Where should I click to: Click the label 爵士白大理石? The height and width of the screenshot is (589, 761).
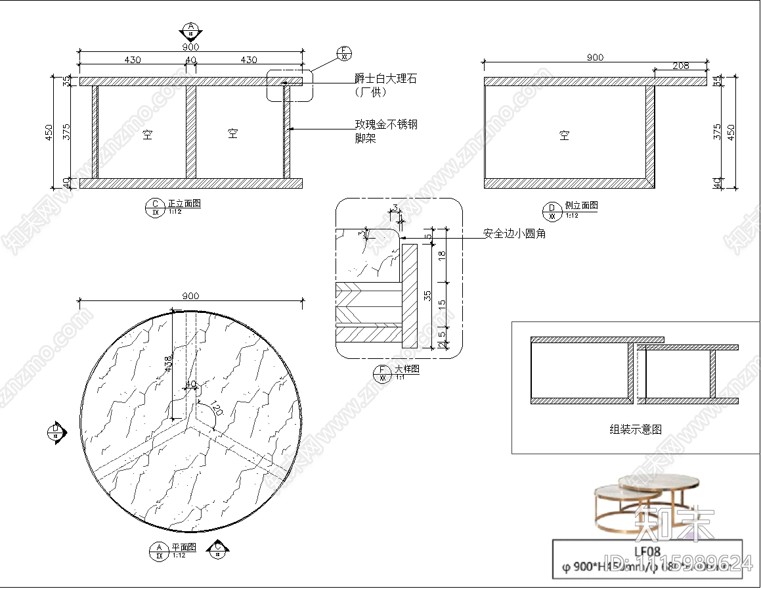385,79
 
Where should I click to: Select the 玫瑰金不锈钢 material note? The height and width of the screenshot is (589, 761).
385,124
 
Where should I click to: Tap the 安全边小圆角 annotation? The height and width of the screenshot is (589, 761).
514,233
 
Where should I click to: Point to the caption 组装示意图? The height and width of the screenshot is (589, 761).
635,429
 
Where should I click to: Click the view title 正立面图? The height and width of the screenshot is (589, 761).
184,204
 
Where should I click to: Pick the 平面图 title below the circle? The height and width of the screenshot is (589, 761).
183,547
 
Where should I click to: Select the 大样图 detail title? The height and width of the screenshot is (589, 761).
406,370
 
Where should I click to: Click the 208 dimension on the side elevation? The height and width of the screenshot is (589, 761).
681,66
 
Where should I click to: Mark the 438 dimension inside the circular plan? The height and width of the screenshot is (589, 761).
168,363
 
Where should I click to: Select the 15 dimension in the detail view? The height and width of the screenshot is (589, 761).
442,304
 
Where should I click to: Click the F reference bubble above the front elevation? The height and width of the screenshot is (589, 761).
343,53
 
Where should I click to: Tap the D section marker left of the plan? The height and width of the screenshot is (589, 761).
56,432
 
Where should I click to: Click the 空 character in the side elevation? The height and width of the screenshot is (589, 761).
564,135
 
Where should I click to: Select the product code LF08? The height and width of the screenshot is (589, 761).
647,552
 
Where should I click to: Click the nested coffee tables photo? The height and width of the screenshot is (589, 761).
646,503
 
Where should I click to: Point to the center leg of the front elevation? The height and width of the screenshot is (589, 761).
190,132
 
